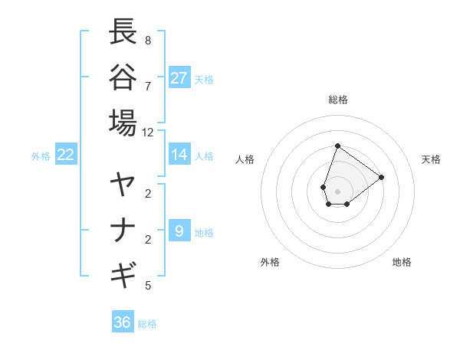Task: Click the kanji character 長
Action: coord(123,32)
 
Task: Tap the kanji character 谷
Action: coord(123,77)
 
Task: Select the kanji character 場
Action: coord(123,122)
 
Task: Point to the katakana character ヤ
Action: coord(123,185)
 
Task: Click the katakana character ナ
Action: coord(123,230)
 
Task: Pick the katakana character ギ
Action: coord(123,274)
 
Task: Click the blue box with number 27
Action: coord(179,77)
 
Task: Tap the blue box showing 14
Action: coord(179,155)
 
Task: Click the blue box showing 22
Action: coord(65,155)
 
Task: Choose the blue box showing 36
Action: coord(123,322)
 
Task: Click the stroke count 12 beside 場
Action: coord(148,133)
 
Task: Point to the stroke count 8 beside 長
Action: coord(148,40)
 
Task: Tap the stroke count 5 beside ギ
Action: coord(148,286)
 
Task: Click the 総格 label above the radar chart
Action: coord(337,100)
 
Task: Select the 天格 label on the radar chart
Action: coord(431,159)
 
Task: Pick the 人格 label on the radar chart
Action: coord(245,159)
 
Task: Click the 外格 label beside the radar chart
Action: coord(270,262)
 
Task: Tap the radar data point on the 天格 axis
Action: coord(381,177)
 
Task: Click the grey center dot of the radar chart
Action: coord(337,191)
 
